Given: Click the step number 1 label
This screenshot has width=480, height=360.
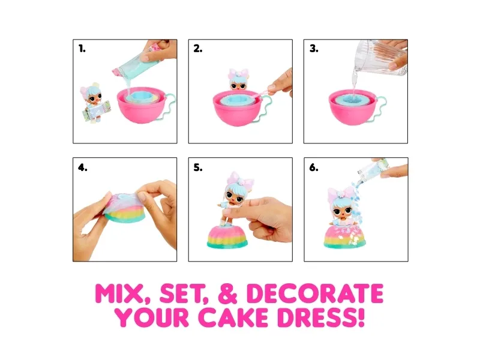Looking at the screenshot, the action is click(x=82, y=49).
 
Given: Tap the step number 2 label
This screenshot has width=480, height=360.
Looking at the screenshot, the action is click(x=198, y=49).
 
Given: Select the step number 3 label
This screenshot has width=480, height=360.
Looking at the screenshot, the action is click(x=314, y=49).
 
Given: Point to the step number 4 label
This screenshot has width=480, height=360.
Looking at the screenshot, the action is click(x=82, y=167).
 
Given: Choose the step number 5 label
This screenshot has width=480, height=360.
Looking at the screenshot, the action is click(x=198, y=167).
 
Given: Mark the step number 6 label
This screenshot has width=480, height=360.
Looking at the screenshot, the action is click(x=314, y=167).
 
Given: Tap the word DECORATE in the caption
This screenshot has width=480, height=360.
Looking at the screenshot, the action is click(x=315, y=293).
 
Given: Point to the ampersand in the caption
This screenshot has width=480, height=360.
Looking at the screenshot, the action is click(x=228, y=293).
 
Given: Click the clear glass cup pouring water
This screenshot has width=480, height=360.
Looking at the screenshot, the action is click(x=380, y=58).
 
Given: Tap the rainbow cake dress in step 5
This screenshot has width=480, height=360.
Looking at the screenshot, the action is click(x=227, y=236).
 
